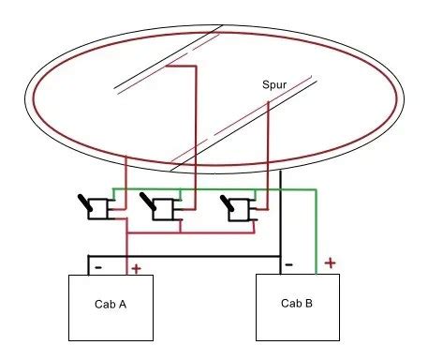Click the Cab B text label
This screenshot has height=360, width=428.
coord(298,302)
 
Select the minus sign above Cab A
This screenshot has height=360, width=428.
coord(96,267)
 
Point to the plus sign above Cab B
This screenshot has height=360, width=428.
coord(329,264)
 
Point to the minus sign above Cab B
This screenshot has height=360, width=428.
coord(288,265)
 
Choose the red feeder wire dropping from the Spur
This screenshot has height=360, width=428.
coord(269,150)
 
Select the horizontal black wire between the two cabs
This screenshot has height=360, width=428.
coord(187,256)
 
